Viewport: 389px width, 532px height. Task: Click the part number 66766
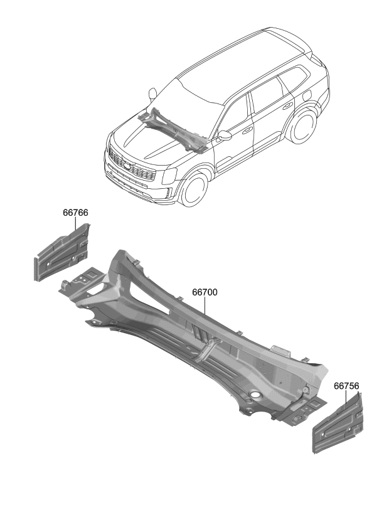click(x=75, y=213)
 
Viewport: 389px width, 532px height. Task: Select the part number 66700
click(x=205, y=292)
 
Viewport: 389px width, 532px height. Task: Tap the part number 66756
click(x=346, y=386)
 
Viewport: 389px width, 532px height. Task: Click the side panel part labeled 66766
click(x=62, y=255)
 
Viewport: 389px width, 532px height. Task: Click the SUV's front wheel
click(x=194, y=188)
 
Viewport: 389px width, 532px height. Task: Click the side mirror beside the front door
click(x=225, y=135)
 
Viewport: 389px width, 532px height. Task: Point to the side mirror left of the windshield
click(x=152, y=94)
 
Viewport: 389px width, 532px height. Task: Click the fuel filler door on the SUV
click(x=308, y=95)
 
